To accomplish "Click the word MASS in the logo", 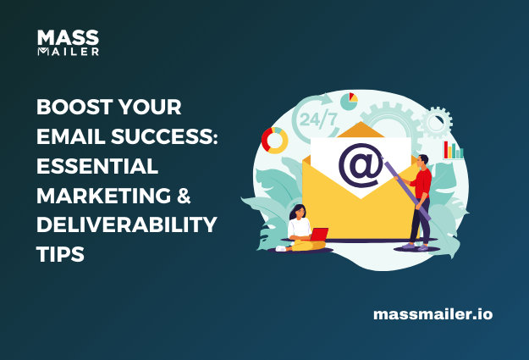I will tap(68, 38).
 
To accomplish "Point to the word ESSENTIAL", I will tap(96, 168).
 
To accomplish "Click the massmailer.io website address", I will tap(433, 314).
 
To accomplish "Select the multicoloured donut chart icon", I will tap(276, 141).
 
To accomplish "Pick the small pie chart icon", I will tap(349, 101).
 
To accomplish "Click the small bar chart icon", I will tap(454, 150).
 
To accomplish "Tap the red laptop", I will tap(319, 235).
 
